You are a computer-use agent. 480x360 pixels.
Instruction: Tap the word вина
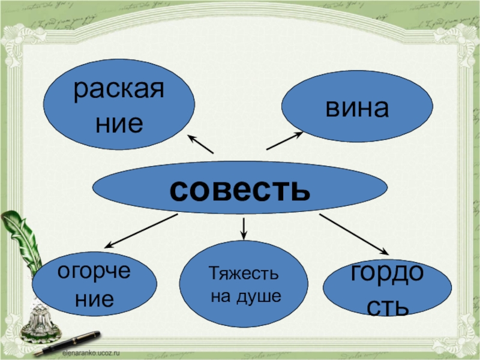pyautogui.click(x=358, y=107)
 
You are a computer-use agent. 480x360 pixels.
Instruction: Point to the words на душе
pyautogui.click(x=245, y=296)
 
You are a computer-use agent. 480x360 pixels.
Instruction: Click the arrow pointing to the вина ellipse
pyautogui.click(x=284, y=141)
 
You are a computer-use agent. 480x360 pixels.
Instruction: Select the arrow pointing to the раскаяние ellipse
pyautogui.click(x=200, y=144)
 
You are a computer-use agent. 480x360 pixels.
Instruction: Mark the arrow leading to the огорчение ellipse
pyautogui.click(x=142, y=230)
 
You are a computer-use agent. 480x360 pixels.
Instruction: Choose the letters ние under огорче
pyautogui.click(x=94, y=298)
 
